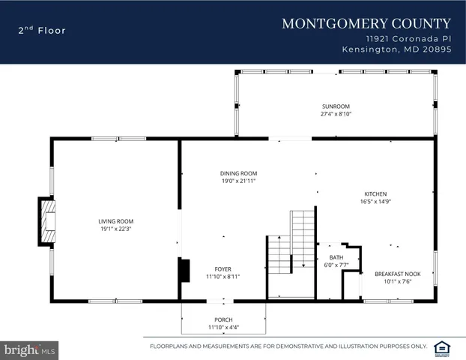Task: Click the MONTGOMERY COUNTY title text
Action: [x=366, y=23]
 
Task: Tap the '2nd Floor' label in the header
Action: [x=42, y=31]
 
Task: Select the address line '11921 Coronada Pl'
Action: [x=408, y=37]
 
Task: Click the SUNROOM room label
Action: [x=336, y=106]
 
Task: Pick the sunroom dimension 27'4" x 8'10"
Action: [x=336, y=115]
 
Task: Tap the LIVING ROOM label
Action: [x=115, y=221]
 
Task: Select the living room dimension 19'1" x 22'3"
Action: [x=115, y=229]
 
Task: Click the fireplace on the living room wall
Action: [x=47, y=221]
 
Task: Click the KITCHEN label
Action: [x=375, y=193]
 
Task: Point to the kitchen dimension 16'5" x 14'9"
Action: [x=375, y=201]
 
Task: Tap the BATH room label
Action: [x=335, y=256]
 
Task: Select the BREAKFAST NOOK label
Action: [x=397, y=274]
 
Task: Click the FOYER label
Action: [x=223, y=268]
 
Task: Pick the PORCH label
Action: [x=223, y=319]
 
